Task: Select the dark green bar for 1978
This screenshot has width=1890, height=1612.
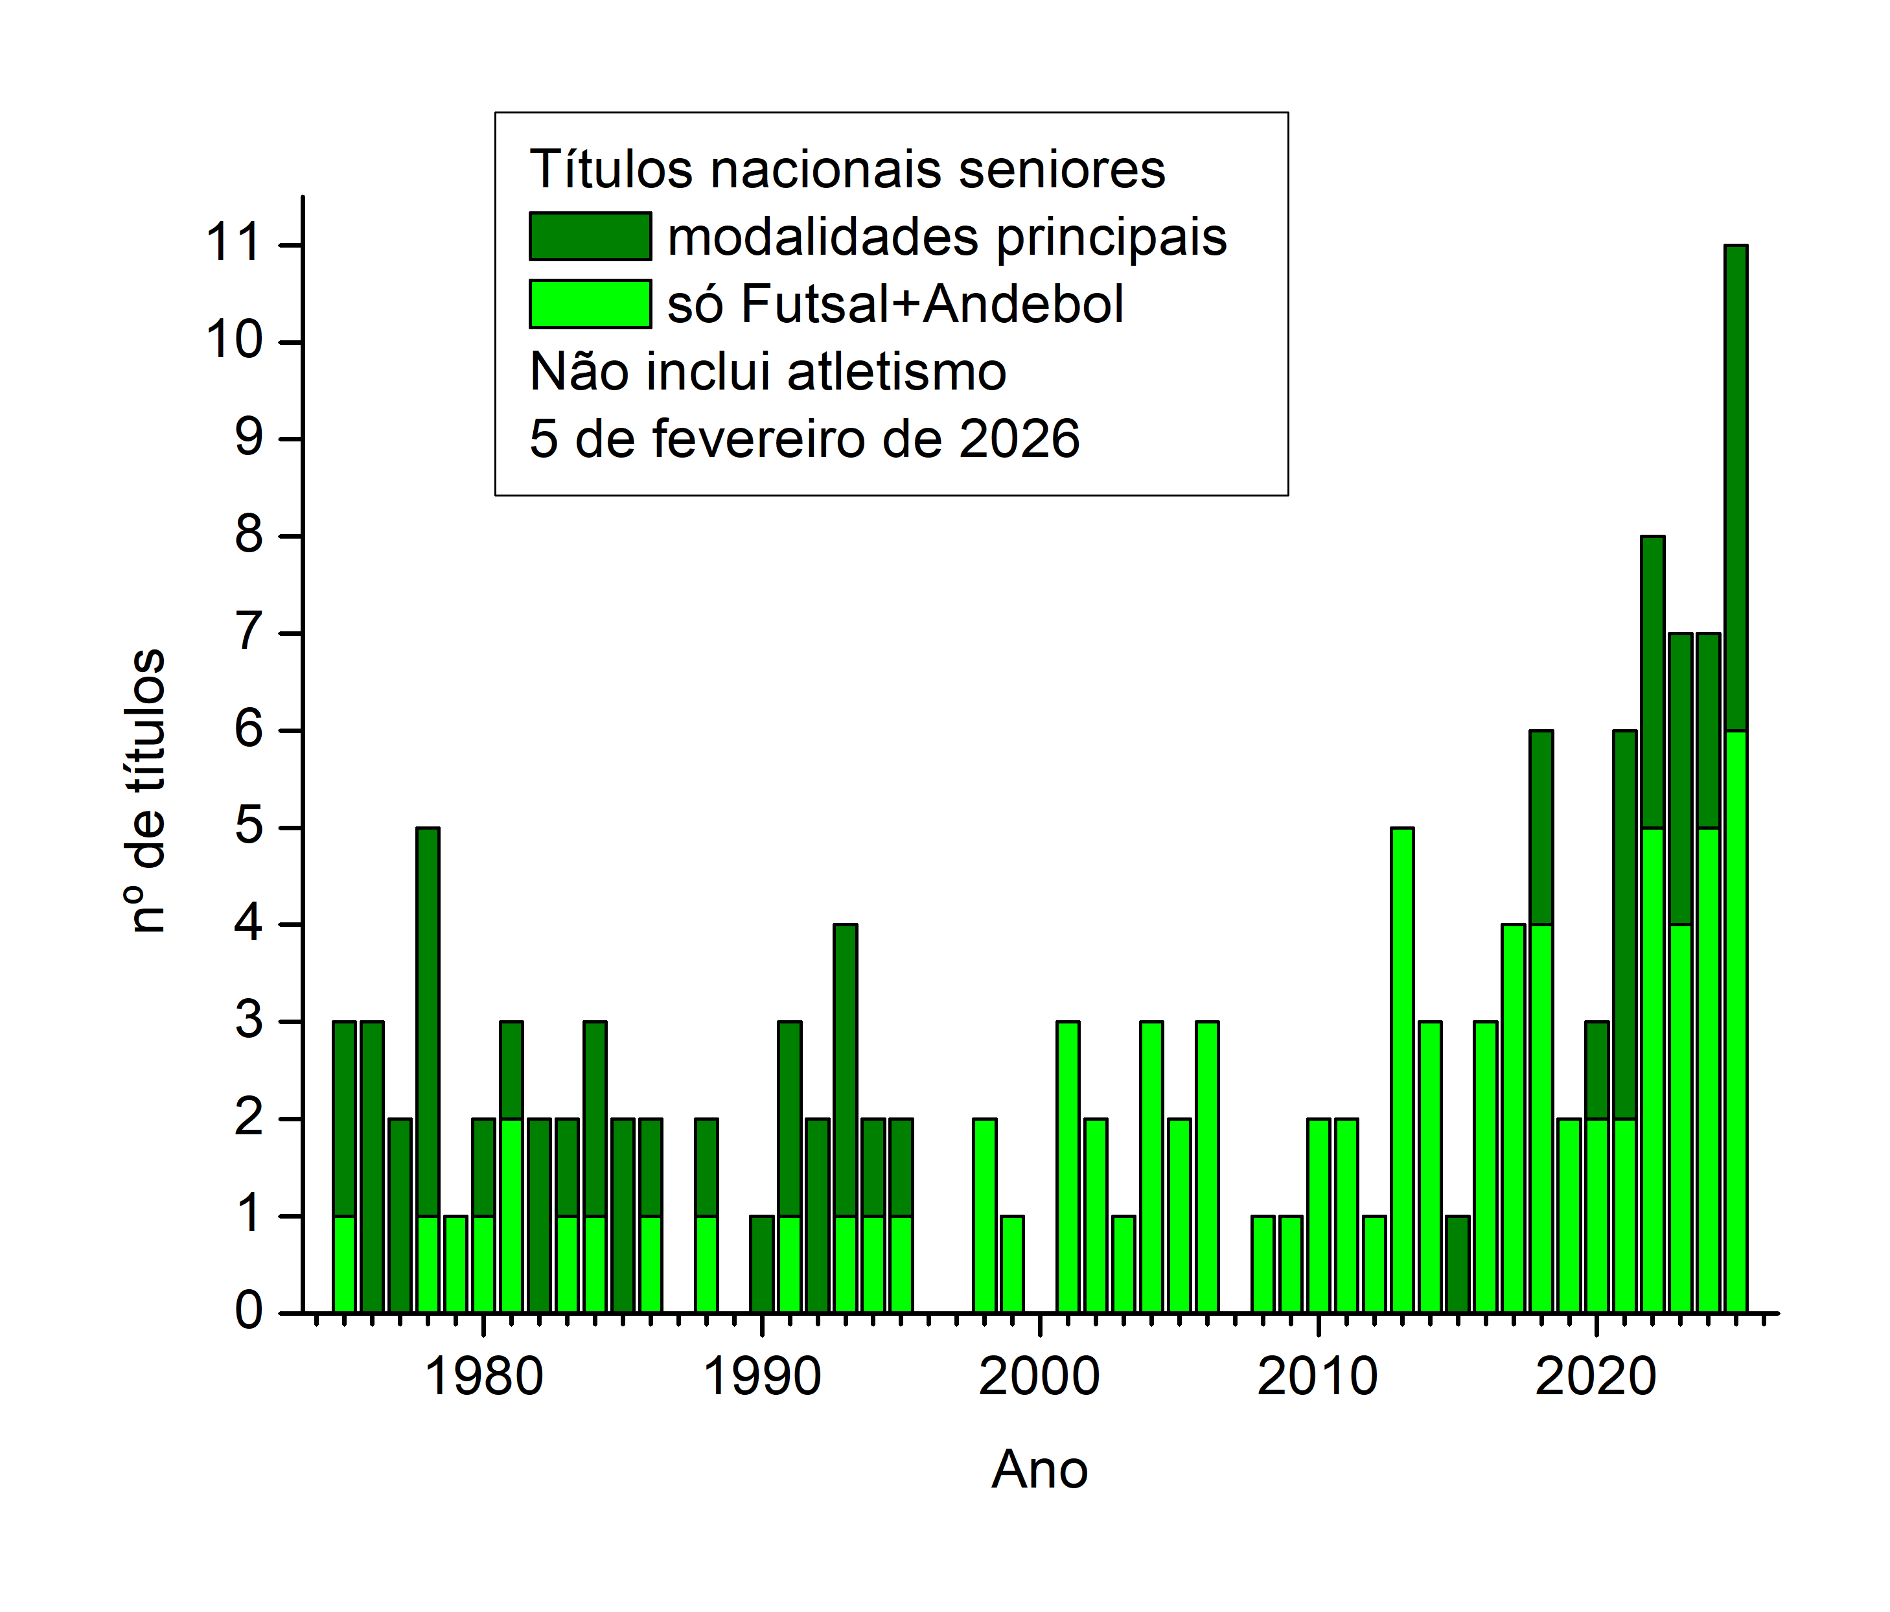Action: pos(428,1022)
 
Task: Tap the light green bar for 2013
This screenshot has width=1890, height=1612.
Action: pos(1402,1068)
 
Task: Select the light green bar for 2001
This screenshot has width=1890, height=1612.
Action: pos(1068,1168)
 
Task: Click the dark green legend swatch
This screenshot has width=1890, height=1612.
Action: pos(590,237)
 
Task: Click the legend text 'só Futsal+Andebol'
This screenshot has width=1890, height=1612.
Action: pos(895,304)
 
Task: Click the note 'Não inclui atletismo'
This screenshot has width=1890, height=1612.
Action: pos(768,371)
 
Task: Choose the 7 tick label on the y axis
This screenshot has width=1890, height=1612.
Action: pos(249,633)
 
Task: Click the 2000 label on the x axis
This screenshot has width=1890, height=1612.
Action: pos(1039,1377)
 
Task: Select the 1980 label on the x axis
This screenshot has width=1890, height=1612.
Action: pos(483,1377)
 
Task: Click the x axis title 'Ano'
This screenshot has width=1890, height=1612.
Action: pos(1040,1469)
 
